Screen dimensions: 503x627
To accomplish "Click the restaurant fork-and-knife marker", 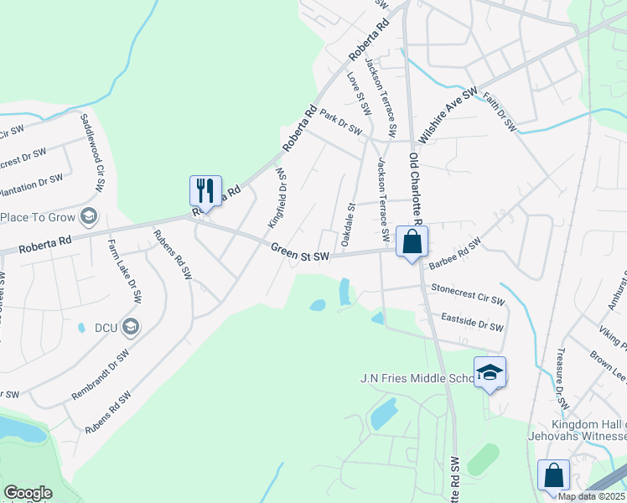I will tap(205, 190).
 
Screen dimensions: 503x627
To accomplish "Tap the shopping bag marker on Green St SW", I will tap(412, 242).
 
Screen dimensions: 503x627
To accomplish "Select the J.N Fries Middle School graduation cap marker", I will tap(490, 373).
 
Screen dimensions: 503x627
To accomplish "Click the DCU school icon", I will tap(130, 325).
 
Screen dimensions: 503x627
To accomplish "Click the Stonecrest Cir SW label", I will tap(468, 293).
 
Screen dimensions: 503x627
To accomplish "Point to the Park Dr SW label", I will tap(340, 123).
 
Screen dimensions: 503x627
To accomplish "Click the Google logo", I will tap(28, 492).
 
